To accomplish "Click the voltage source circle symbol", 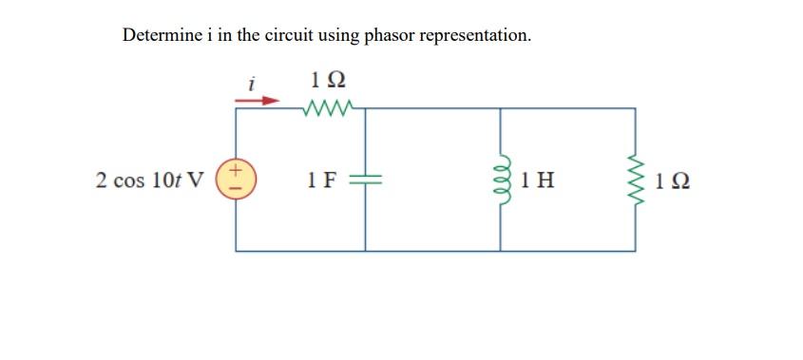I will (236, 180).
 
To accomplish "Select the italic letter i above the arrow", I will (251, 83).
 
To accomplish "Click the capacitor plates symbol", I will (366, 180).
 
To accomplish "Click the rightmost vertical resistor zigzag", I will (635, 180).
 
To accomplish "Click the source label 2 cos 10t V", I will (149, 180).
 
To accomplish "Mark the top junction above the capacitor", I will (366, 109).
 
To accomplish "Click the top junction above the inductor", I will (501, 109).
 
